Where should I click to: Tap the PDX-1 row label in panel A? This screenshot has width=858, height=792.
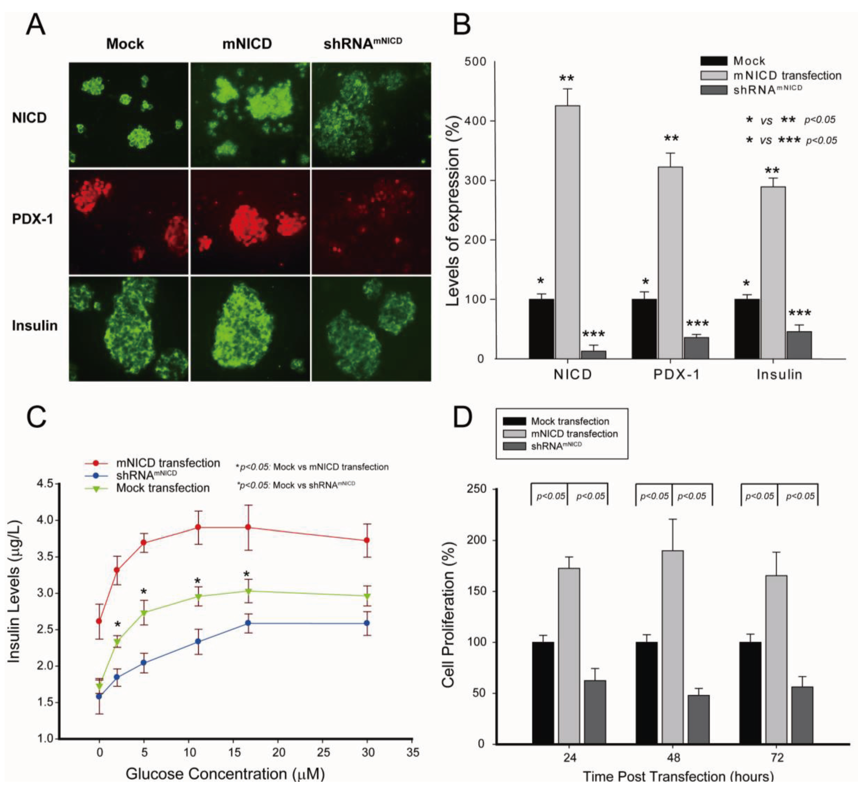point(33,219)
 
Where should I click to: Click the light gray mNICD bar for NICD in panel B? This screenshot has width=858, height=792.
point(567,231)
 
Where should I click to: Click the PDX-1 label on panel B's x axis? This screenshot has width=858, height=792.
point(676,375)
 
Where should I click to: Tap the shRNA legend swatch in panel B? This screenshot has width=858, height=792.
point(714,90)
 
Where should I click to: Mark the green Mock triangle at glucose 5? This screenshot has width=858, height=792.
point(144,613)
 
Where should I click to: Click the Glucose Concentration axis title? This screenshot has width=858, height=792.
point(225,774)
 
